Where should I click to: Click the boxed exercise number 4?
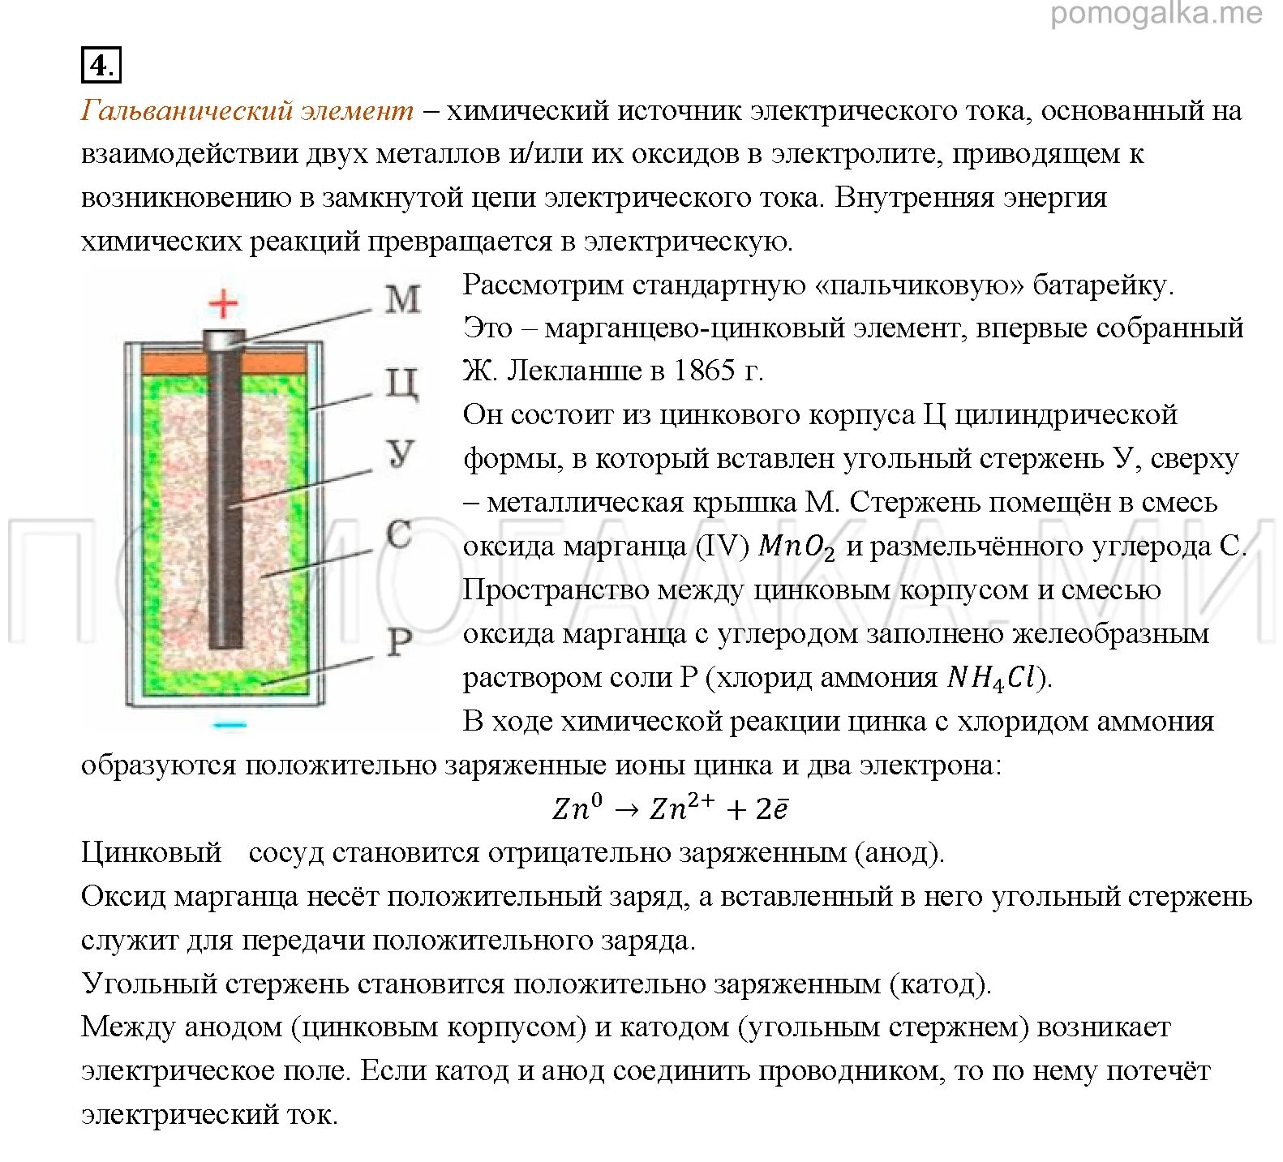point(101,65)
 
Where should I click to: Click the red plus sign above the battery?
point(224,304)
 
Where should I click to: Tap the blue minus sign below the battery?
point(229,724)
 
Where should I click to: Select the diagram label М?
point(403,299)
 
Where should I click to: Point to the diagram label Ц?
point(402,383)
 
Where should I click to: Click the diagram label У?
point(401,454)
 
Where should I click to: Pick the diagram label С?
point(399,535)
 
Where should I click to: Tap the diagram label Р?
point(399,643)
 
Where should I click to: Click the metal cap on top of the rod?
point(224,339)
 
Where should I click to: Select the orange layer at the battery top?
point(170,362)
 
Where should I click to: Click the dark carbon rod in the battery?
point(225,503)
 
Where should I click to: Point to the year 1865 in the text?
point(703,371)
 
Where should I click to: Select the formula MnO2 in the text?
point(796,547)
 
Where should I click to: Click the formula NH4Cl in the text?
point(992,678)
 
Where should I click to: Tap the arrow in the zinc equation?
point(627,809)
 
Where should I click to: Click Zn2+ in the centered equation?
point(682,808)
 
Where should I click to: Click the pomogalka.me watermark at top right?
point(1156,14)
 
